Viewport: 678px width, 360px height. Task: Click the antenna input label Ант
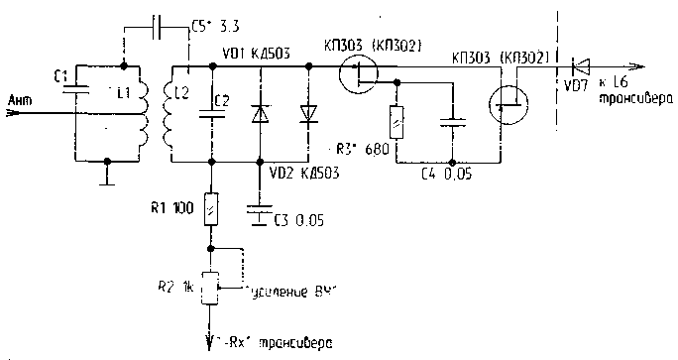[19, 99]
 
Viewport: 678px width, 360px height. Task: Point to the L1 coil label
[125, 92]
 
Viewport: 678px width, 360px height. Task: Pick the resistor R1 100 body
[210, 210]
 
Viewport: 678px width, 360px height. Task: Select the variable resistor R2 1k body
[210, 287]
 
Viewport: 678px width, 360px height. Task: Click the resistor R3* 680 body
[396, 123]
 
